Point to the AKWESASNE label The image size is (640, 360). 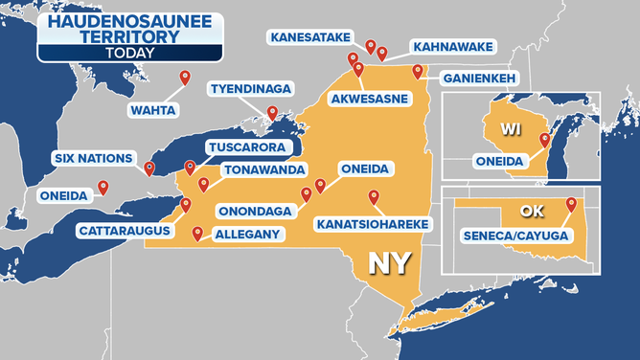[x=367, y=99]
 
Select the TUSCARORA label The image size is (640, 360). [x=245, y=148]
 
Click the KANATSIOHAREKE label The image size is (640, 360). [x=373, y=224]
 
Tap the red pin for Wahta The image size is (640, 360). [x=185, y=78]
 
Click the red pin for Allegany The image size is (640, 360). [x=197, y=232]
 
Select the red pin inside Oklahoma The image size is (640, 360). [x=571, y=203]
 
